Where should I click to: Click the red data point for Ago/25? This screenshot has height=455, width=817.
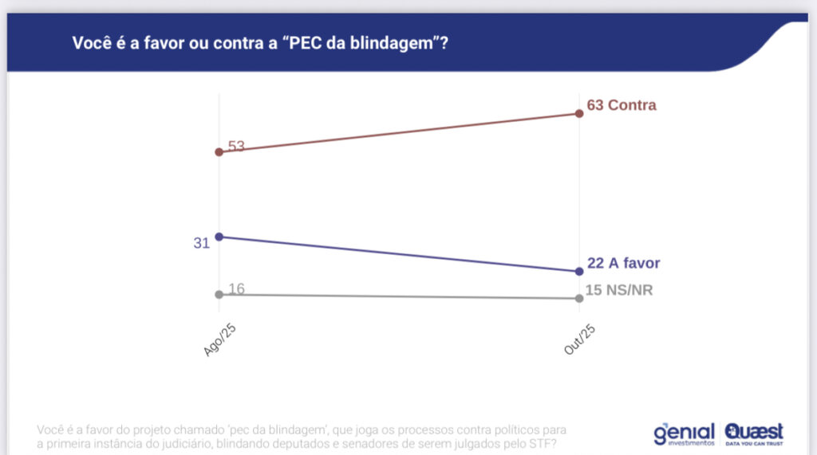pyautogui.click(x=219, y=151)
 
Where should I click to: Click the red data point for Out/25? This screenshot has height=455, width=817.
pyautogui.click(x=579, y=113)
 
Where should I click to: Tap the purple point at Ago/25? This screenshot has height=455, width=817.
pyautogui.click(x=219, y=237)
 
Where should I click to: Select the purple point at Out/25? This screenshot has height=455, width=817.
pyautogui.click(x=579, y=272)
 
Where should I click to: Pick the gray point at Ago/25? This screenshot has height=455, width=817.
pyautogui.click(x=219, y=294)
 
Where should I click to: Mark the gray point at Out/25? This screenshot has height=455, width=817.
pyautogui.click(x=579, y=298)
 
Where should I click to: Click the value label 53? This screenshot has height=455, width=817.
pyautogui.click(x=236, y=146)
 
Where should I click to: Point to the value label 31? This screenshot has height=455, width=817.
pyautogui.click(x=201, y=242)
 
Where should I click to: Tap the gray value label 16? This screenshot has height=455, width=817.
pyautogui.click(x=236, y=288)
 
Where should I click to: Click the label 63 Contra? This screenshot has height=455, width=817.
pyautogui.click(x=622, y=105)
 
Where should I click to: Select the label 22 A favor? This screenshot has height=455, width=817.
pyautogui.click(x=623, y=264)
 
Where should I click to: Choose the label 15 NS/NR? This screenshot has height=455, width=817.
pyautogui.click(x=620, y=290)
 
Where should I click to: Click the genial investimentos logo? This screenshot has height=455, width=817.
pyautogui.click(x=684, y=433)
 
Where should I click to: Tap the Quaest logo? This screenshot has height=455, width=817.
pyautogui.click(x=754, y=433)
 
